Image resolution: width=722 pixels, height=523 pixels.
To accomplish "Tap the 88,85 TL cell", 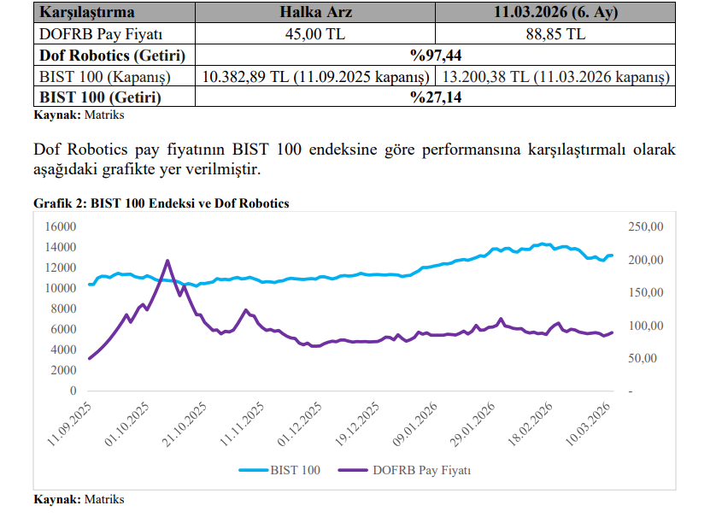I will [555, 34].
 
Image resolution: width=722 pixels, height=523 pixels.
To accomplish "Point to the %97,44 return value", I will [435, 56].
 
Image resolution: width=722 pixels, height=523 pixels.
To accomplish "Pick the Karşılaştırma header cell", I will [86, 13].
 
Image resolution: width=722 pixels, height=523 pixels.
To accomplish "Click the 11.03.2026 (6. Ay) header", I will [555, 13].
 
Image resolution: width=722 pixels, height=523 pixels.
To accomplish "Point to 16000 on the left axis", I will [60, 226].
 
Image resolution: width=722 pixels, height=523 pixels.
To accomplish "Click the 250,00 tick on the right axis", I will [645, 226].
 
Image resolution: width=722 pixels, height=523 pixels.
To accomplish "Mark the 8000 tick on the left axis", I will [63, 309].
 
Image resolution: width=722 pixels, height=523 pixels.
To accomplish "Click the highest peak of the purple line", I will [167, 261].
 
